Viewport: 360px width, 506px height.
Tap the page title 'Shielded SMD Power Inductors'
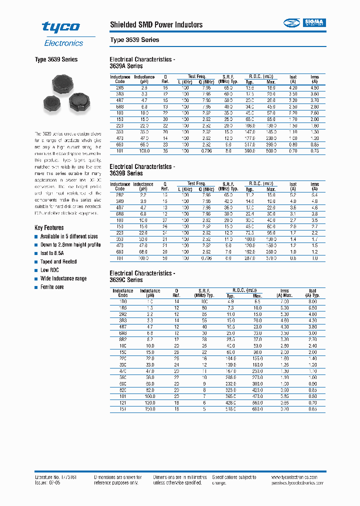156,24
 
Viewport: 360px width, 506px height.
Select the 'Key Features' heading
49,227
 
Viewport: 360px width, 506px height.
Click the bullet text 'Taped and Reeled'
58,261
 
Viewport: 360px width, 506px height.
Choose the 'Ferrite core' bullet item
52,287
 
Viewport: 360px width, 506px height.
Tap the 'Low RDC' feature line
49,270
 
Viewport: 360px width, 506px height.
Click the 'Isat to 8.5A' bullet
54,253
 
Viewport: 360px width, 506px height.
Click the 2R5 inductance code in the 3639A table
120,87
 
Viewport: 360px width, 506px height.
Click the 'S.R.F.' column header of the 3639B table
228,183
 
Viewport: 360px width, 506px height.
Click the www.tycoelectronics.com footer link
297,477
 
